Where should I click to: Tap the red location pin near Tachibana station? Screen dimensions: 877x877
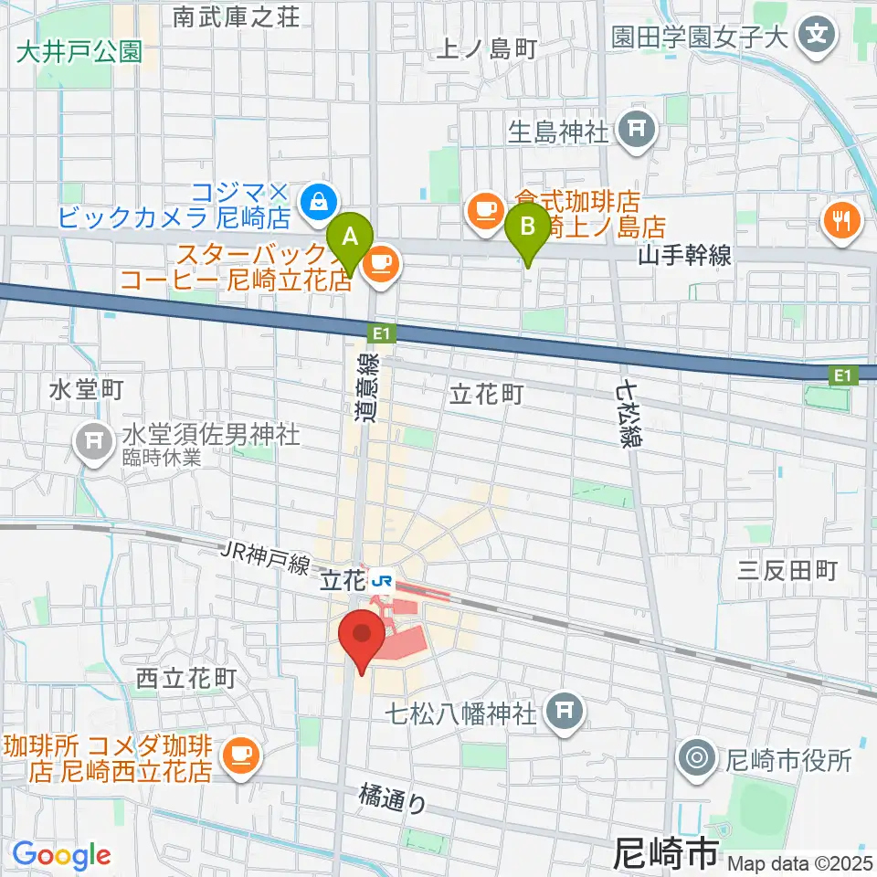(362, 636)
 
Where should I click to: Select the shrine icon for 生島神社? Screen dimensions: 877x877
(636, 130)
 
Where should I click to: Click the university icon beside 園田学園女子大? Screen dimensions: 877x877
(817, 37)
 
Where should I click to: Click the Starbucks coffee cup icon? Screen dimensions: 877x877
(379, 265)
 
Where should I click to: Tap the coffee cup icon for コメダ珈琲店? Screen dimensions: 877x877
(239, 753)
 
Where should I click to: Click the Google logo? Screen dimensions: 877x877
(61, 855)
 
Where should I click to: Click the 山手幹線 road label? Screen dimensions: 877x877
(686, 256)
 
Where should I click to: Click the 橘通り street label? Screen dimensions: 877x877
(393, 801)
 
